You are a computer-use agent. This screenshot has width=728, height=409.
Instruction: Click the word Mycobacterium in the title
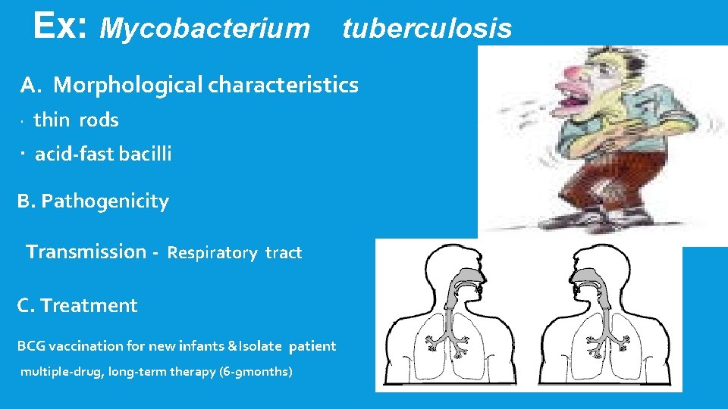click(205, 29)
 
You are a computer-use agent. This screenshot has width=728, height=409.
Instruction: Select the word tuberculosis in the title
click(427, 29)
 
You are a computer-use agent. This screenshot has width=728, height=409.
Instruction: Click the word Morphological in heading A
click(128, 85)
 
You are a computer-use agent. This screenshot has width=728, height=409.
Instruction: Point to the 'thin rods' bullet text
click(76, 120)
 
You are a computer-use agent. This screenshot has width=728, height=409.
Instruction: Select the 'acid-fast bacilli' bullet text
click(103, 154)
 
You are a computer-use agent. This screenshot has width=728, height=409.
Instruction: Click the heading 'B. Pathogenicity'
click(93, 201)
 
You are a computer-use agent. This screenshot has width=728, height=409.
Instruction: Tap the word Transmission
click(86, 251)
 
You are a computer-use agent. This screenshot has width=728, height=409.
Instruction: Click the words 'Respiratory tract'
click(234, 253)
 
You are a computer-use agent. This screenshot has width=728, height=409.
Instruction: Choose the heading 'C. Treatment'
click(77, 306)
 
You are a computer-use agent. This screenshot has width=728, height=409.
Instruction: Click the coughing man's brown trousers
click(607, 182)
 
